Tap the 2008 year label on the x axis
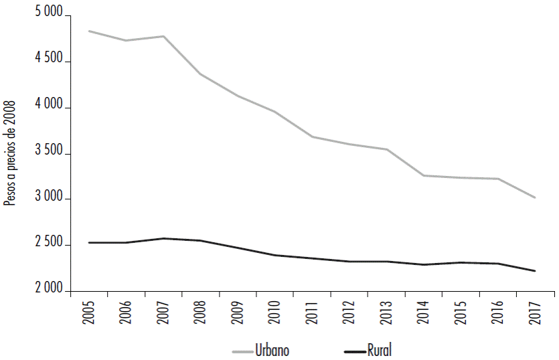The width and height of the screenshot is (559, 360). coord(202,313)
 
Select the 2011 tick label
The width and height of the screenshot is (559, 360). coord(313,313)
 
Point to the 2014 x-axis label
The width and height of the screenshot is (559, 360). coord(424,313)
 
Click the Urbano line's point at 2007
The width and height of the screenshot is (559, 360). coord(164,36)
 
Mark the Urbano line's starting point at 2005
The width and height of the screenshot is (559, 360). coord(90,31)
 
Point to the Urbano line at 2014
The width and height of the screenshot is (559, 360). coord(424,175)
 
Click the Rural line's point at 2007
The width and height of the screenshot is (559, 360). coord(164,238)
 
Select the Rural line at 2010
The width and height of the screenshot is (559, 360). coord(276,255)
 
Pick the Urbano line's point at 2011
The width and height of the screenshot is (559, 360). coord(313,137)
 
